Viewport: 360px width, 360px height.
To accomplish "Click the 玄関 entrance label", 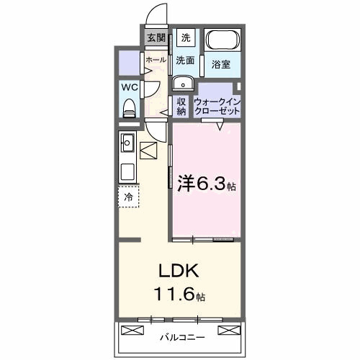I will (156, 38).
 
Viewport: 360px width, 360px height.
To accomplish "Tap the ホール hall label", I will (156, 60).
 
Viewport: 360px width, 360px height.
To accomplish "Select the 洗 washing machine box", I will (186, 38).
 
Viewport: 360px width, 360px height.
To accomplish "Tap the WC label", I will (130, 87).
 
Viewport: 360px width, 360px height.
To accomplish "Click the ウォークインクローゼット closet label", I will (215, 107).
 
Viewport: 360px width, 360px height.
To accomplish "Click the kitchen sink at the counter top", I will (127, 140).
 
